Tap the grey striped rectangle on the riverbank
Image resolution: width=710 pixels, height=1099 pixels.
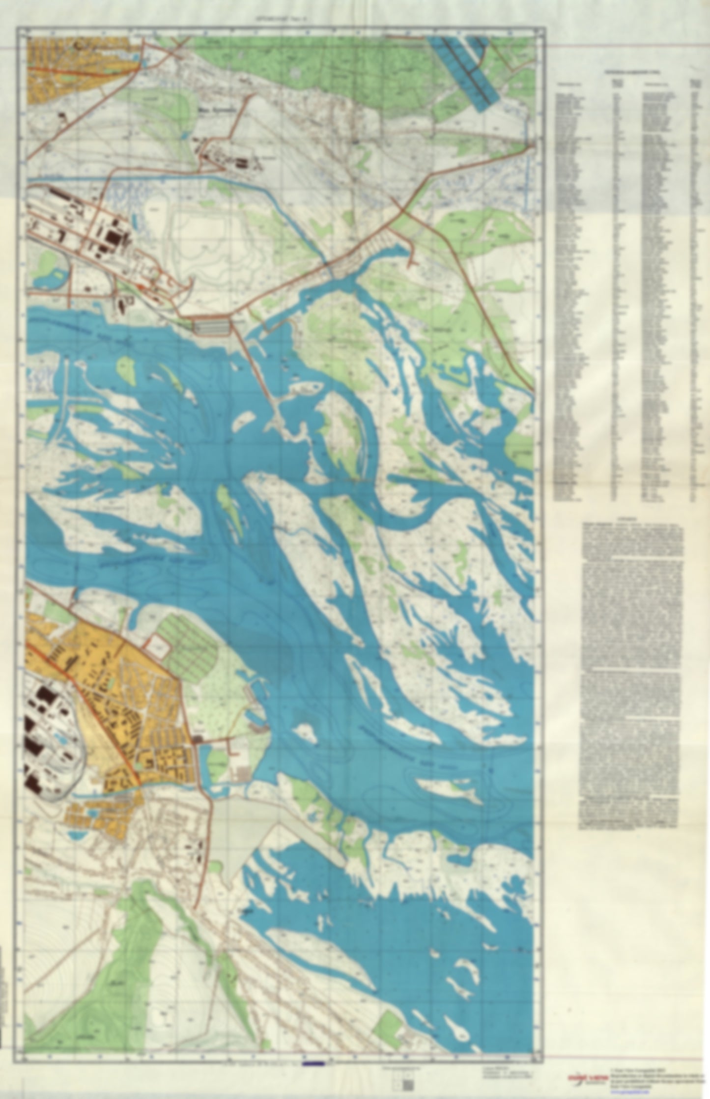212,327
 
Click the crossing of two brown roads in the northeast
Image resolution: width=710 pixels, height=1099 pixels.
402,212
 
